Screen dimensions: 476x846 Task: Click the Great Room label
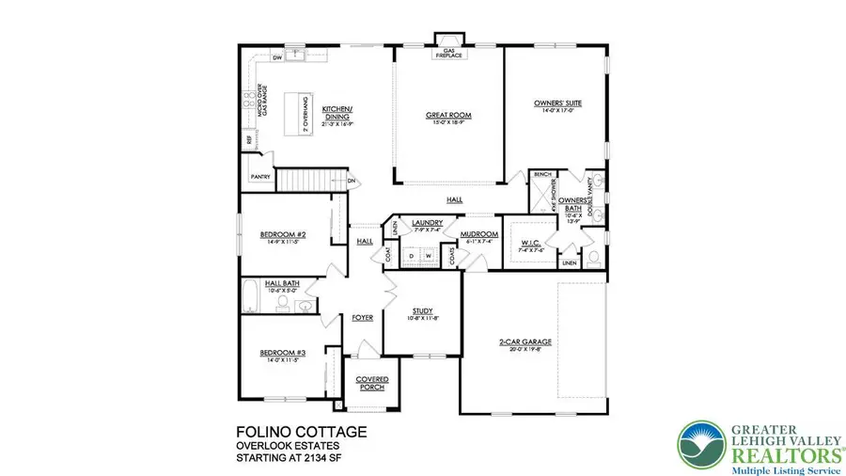(447, 116)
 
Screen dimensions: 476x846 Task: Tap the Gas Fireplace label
(447, 54)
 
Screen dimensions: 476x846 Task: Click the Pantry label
(260, 177)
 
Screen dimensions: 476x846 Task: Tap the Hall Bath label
(283, 282)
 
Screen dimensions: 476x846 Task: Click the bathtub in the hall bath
(250, 297)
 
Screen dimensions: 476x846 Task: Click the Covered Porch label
(371, 384)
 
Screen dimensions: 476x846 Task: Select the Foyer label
(362, 318)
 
